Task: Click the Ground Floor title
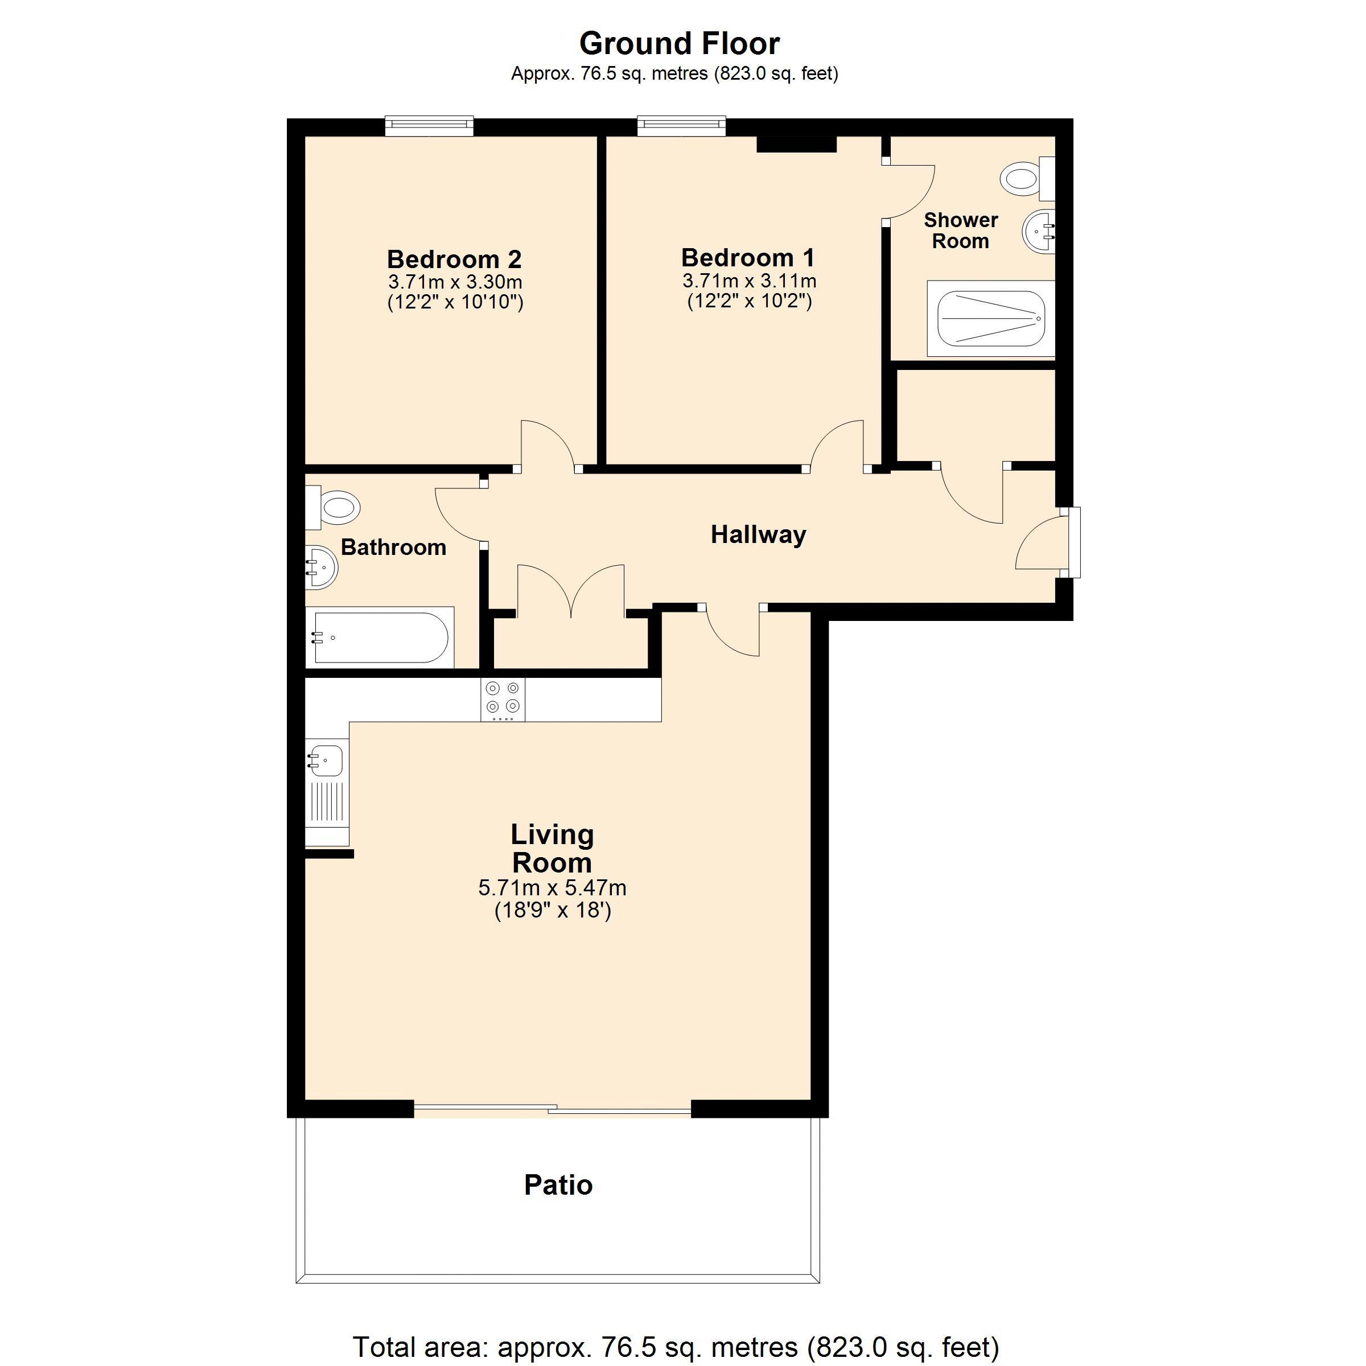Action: pyautogui.click(x=679, y=44)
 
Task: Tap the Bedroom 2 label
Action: pyautogui.click(x=454, y=260)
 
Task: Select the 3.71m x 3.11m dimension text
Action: pyautogui.click(x=749, y=281)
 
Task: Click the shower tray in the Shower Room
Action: pyautogui.click(x=990, y=319)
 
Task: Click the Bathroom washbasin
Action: pyautogui.click(x=321, y=566)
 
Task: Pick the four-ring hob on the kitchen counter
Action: pyautogui.click(x=503, y=698)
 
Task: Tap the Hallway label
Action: pyautogui.click(x=758, y=534)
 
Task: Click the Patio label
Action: pyautogui.click(x=558, y=1185)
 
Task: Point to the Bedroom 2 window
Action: pyautogui.click(x=429, y=126)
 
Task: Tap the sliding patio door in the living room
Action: pyautogui.click(x=552, y=1109)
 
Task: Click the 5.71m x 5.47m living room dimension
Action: pyautogui.click(x=552, y=888)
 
